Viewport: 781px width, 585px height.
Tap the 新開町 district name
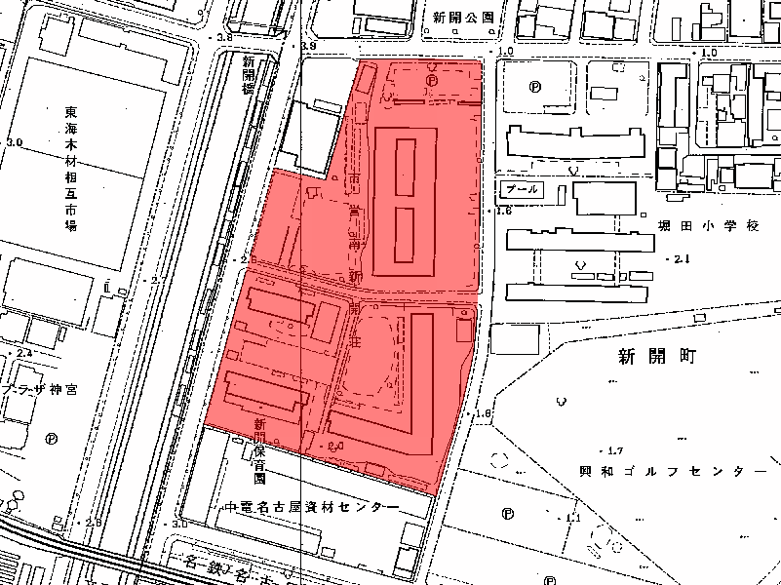pyautogui.click(x=654, y=357)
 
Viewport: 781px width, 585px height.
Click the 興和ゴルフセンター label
pyautogui.click(x=665, y=471)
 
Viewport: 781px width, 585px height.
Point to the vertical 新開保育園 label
pyautogui.click(x=259, y=451)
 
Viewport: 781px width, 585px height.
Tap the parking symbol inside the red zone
pyautogui.click(x=430, y=83)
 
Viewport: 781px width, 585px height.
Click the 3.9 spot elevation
pyautogui.click(x=310, y=47)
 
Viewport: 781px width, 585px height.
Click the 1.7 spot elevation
pyautogui.click(x=613, y=450)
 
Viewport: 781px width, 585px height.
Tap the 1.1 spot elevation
pyautogui.click(x=572, y=517)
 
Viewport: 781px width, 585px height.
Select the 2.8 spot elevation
pyautogui.click(x=94, y=523)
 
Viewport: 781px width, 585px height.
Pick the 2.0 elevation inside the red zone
pyautogui.click(x=337, y=445)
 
